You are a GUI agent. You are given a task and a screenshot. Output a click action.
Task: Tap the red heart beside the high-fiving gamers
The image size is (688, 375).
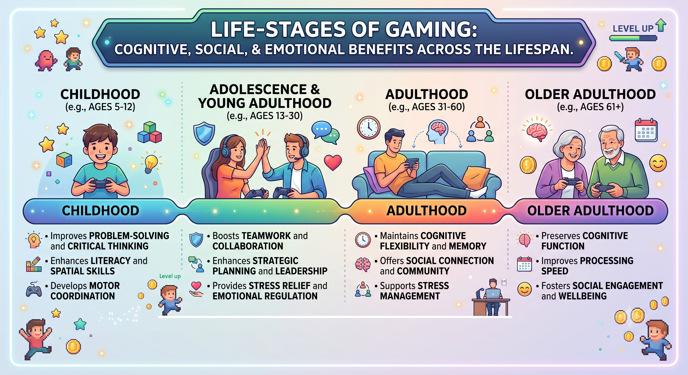point(333,162)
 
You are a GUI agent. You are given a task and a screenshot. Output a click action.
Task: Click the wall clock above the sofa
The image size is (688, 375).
point(369,128)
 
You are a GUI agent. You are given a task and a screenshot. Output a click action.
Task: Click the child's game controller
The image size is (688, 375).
point(100,184)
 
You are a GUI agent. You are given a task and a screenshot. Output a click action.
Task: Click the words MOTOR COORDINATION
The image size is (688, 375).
point(85,291)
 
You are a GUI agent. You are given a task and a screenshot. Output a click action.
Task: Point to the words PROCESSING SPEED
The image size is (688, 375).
point(587,266)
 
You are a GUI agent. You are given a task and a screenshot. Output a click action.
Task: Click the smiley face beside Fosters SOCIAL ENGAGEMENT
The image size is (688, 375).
point(525,289)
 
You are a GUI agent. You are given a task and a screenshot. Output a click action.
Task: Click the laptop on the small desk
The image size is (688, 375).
point(493,294)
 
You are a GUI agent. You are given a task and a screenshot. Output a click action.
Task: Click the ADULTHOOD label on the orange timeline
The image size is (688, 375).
point(427,211)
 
